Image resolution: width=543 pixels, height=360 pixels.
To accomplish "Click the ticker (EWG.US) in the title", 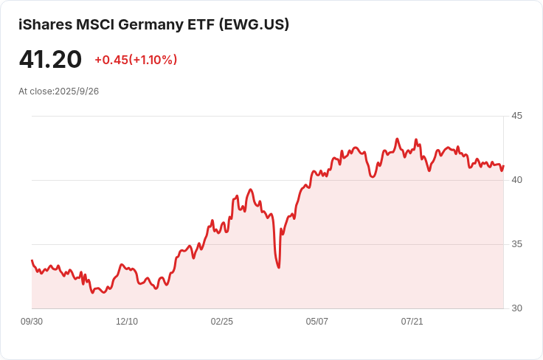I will pos(255,24).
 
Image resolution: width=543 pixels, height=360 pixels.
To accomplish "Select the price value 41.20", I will pos(50,59).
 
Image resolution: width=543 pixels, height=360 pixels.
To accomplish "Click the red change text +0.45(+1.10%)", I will pos(136,60).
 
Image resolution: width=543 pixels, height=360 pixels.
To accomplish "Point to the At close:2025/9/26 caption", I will pos(58,91).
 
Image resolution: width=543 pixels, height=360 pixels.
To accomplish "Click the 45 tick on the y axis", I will pos(516,116).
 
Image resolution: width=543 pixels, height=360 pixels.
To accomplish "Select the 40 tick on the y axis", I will pos(516,180).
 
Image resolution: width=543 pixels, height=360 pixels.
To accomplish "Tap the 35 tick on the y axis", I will pos(516,244).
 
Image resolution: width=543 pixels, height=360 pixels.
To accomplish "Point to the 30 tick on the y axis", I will pos(516,308).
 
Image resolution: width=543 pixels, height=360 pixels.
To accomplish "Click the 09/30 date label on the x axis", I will pos(32,322).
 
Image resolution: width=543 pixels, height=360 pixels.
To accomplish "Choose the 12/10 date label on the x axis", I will pos(127,322).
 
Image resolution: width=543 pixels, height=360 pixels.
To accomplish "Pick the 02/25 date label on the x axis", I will pos(222,322).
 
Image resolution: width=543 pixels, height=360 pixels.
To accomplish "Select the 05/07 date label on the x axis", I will pos(317,322).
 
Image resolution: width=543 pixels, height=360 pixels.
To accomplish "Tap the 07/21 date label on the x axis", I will pos(412,322).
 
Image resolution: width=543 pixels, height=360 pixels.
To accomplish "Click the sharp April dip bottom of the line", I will pos(279,267).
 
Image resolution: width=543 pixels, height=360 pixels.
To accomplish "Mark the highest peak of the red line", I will pos(397,139).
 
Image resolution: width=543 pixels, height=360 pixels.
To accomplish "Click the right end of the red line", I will pos(503,165).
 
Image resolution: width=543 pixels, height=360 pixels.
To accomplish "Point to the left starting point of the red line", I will pos(32,260).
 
